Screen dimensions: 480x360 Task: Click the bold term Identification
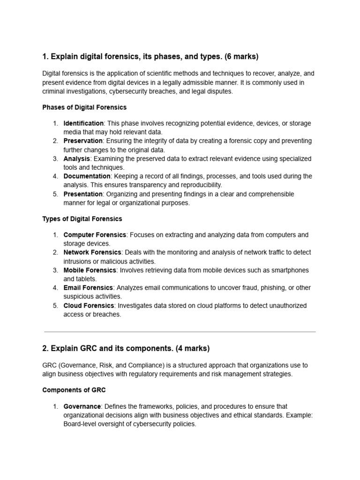83,123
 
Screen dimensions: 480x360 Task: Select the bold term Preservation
83,141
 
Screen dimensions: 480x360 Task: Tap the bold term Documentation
87,176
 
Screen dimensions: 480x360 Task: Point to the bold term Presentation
83,194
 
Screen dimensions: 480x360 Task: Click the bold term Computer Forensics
95,235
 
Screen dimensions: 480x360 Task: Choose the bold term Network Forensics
92,253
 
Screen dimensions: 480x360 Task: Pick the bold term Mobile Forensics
90,270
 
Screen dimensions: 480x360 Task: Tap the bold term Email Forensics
88,288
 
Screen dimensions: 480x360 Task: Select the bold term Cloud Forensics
89,306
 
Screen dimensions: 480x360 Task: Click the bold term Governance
82,406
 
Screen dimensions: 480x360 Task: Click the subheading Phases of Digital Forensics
84,107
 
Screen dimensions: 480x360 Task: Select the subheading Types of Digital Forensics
82,219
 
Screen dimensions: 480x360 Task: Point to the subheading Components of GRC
74,390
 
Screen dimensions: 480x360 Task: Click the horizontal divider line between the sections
180,332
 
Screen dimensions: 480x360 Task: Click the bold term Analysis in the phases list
77,159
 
